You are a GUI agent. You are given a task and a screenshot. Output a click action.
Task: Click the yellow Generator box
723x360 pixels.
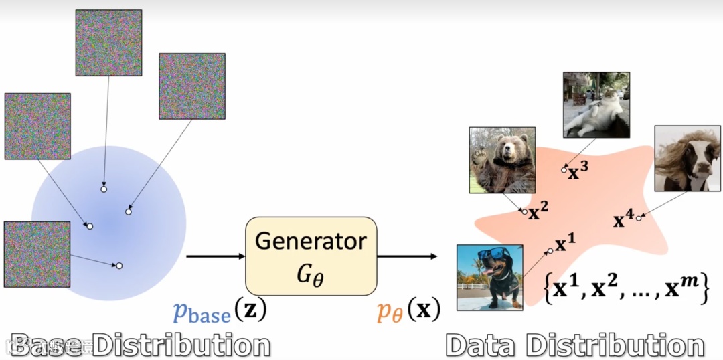tap(311, 256)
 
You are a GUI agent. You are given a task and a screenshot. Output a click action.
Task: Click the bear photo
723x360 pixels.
tap(502, 160)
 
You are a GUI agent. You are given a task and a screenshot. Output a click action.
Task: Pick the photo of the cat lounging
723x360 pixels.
tap(596, 105)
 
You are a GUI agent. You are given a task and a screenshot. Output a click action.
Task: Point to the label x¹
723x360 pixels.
tap(566, 244)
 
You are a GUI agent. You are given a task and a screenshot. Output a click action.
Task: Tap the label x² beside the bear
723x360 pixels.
tap(538, 213)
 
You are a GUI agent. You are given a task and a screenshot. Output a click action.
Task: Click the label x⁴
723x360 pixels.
tap(623, 219)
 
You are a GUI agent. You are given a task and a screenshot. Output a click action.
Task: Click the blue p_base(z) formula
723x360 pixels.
tap(220, 311)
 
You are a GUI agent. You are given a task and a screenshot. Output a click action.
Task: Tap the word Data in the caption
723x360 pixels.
tap(481, 345)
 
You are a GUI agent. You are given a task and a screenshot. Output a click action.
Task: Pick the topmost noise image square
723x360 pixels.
tap(108, 42)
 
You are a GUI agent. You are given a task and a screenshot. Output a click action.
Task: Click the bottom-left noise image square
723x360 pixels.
tap(37, 254)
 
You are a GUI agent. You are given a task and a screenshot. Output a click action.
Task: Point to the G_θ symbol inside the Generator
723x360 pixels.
tap(311, 272)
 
